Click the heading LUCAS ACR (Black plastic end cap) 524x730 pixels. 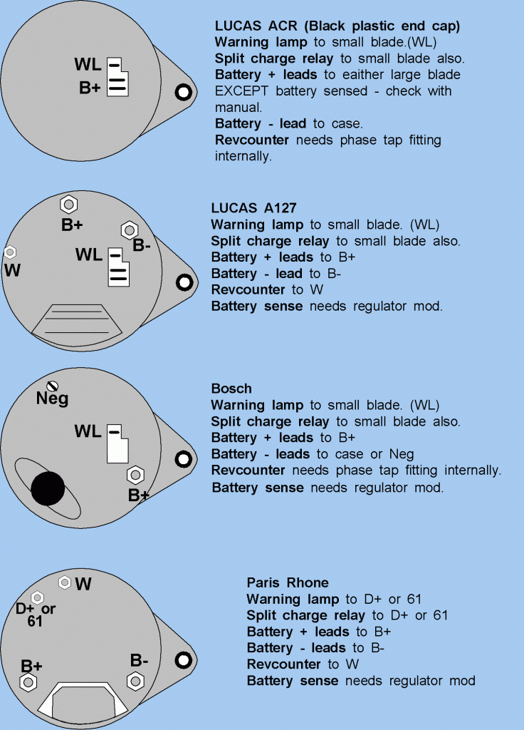coord(337,26)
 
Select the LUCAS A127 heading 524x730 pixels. coord(253,207)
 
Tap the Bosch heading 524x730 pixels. coord(231,389)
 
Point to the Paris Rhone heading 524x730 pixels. coord(288,582)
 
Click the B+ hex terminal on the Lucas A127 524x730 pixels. coord(68,205)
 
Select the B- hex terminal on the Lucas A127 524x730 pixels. coord(130,230)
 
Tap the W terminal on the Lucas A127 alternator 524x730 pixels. coord(10,252)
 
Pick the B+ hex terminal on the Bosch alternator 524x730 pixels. coord(134,475)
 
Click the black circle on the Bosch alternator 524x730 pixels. coord(48,490)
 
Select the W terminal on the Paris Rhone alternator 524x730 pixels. coord(65,582)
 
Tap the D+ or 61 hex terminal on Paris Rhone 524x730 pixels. coord(38,597)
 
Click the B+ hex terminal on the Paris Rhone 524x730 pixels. coord(28,682)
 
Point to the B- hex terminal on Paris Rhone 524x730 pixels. coord(135,681)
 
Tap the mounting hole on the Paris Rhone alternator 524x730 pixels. coord(184,658)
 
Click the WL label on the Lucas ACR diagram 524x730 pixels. coord(88,66)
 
